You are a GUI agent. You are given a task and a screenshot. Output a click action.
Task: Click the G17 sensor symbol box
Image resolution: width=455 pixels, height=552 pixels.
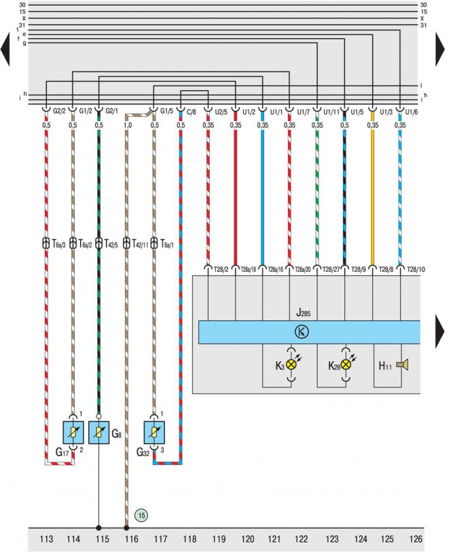(72, 432)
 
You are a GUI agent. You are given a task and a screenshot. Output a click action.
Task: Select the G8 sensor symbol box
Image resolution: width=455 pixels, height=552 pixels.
(99, 432)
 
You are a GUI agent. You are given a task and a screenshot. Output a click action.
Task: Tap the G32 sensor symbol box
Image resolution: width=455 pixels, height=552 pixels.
(153, 432)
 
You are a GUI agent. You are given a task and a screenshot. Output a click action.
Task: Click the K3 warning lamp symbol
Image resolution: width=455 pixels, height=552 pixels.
(291, 364)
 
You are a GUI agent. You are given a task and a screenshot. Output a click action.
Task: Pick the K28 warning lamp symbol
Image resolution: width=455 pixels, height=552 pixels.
(346, 364)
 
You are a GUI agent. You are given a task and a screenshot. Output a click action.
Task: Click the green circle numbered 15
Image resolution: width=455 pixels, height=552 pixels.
(141, 515)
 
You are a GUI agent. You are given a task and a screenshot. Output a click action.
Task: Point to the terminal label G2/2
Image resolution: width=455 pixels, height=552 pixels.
(59, 111)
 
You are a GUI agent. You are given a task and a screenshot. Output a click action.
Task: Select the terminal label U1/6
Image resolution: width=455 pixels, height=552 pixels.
(410, 111)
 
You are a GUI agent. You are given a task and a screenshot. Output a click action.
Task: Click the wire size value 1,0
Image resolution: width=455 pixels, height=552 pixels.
(127, 125)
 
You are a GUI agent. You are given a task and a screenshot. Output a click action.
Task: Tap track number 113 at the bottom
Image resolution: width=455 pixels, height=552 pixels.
(46, 540)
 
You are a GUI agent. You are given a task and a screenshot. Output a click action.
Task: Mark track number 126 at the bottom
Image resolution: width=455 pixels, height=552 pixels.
(416, 540)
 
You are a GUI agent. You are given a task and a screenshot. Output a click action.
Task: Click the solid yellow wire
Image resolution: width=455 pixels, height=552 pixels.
(372, 197)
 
